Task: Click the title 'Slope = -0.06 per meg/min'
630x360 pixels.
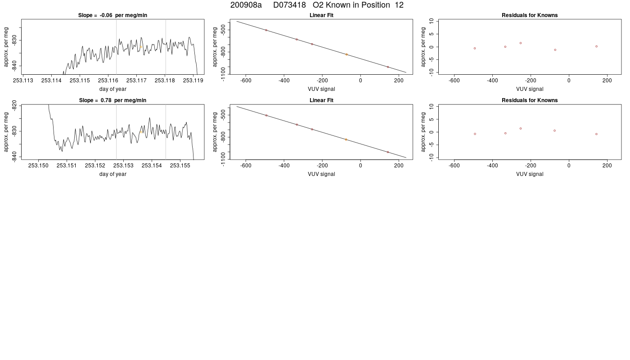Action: pos(112,15)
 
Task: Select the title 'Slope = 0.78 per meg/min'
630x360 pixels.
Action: pos(112,100)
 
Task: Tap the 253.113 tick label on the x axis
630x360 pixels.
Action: pos(23,81)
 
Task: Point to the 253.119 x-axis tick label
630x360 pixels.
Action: pos(193,81)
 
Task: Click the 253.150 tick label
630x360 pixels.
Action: pos(38,166)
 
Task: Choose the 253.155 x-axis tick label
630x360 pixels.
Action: pos(180,166)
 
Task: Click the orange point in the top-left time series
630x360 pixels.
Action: pos(141,47)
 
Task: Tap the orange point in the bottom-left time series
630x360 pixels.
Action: pos(141,132)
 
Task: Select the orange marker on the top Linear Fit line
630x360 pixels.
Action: pos(346,54)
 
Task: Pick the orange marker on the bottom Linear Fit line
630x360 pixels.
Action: pos(346,139)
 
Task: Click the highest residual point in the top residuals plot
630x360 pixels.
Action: pos(521,43)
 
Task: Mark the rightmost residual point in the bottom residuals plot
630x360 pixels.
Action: pos(596,134)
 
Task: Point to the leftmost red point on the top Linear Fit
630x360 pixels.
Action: pos(266,30)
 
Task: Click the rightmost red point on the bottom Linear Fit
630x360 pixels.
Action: pos(388,152)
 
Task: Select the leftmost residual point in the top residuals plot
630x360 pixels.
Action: pos(475,49)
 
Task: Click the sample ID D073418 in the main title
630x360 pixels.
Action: pos(289,5)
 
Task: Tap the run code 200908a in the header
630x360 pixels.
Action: pos(246,5)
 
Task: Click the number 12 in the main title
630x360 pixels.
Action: pos(399,5)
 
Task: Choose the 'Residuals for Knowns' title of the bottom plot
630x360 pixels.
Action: pos(530,100)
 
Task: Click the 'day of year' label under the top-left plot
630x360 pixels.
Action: pos(113,89)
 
